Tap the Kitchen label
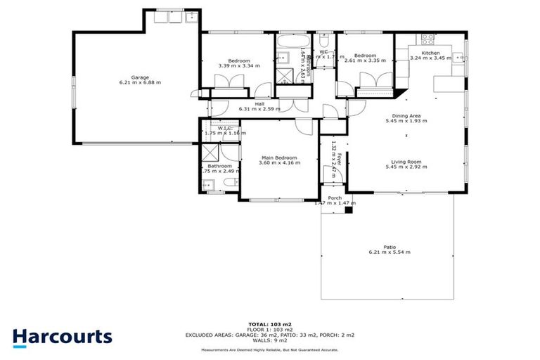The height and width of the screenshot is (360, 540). tap(430, 53)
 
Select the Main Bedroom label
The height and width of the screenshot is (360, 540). tap(279, 157)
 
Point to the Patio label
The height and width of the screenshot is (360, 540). tap(390, 246)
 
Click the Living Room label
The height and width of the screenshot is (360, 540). tap(406, 161)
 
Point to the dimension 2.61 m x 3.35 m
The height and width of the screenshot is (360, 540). tap(365, 60)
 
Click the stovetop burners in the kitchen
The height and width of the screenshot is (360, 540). tap(427, 37)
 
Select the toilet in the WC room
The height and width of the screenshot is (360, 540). tap(324, 59)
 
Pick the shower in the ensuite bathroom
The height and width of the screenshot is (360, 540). tap(211, 154)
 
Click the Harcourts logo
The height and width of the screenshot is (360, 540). tap(62, 336)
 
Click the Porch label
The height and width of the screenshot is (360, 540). tap(335, 198)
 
